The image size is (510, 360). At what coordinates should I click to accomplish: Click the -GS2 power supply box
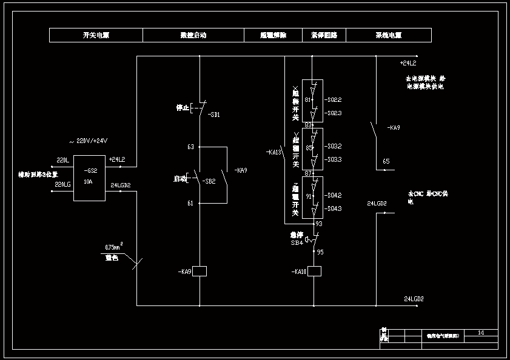[89, 178]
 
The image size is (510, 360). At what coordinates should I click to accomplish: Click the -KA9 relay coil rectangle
[200, 272]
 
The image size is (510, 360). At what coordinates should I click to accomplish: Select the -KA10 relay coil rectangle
[314, 272]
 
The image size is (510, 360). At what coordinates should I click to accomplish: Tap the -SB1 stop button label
[213, 115]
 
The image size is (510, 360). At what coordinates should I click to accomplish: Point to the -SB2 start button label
[209, 181]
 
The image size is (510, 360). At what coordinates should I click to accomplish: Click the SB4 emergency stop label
[297, 242]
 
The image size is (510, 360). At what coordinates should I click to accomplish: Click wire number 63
[190, 147]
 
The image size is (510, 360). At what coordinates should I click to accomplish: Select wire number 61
[190, 203]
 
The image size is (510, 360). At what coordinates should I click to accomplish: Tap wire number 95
[320, 252]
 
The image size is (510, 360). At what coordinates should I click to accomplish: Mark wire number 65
[386, 162]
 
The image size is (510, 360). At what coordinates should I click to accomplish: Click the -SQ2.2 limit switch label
[334, 99]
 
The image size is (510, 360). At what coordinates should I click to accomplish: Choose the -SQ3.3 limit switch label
[334, 159]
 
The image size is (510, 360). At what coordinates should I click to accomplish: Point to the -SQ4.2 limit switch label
[334, 195]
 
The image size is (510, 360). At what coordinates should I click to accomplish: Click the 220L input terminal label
[62, 160]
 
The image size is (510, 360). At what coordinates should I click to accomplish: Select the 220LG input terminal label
[62, 184]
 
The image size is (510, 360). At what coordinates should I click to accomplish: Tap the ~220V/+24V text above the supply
[89, 141]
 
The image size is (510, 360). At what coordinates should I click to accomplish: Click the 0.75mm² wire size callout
[114, 247]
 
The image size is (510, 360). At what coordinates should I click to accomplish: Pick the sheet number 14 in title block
[481, 333]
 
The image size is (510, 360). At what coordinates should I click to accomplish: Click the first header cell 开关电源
[96, 35]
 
